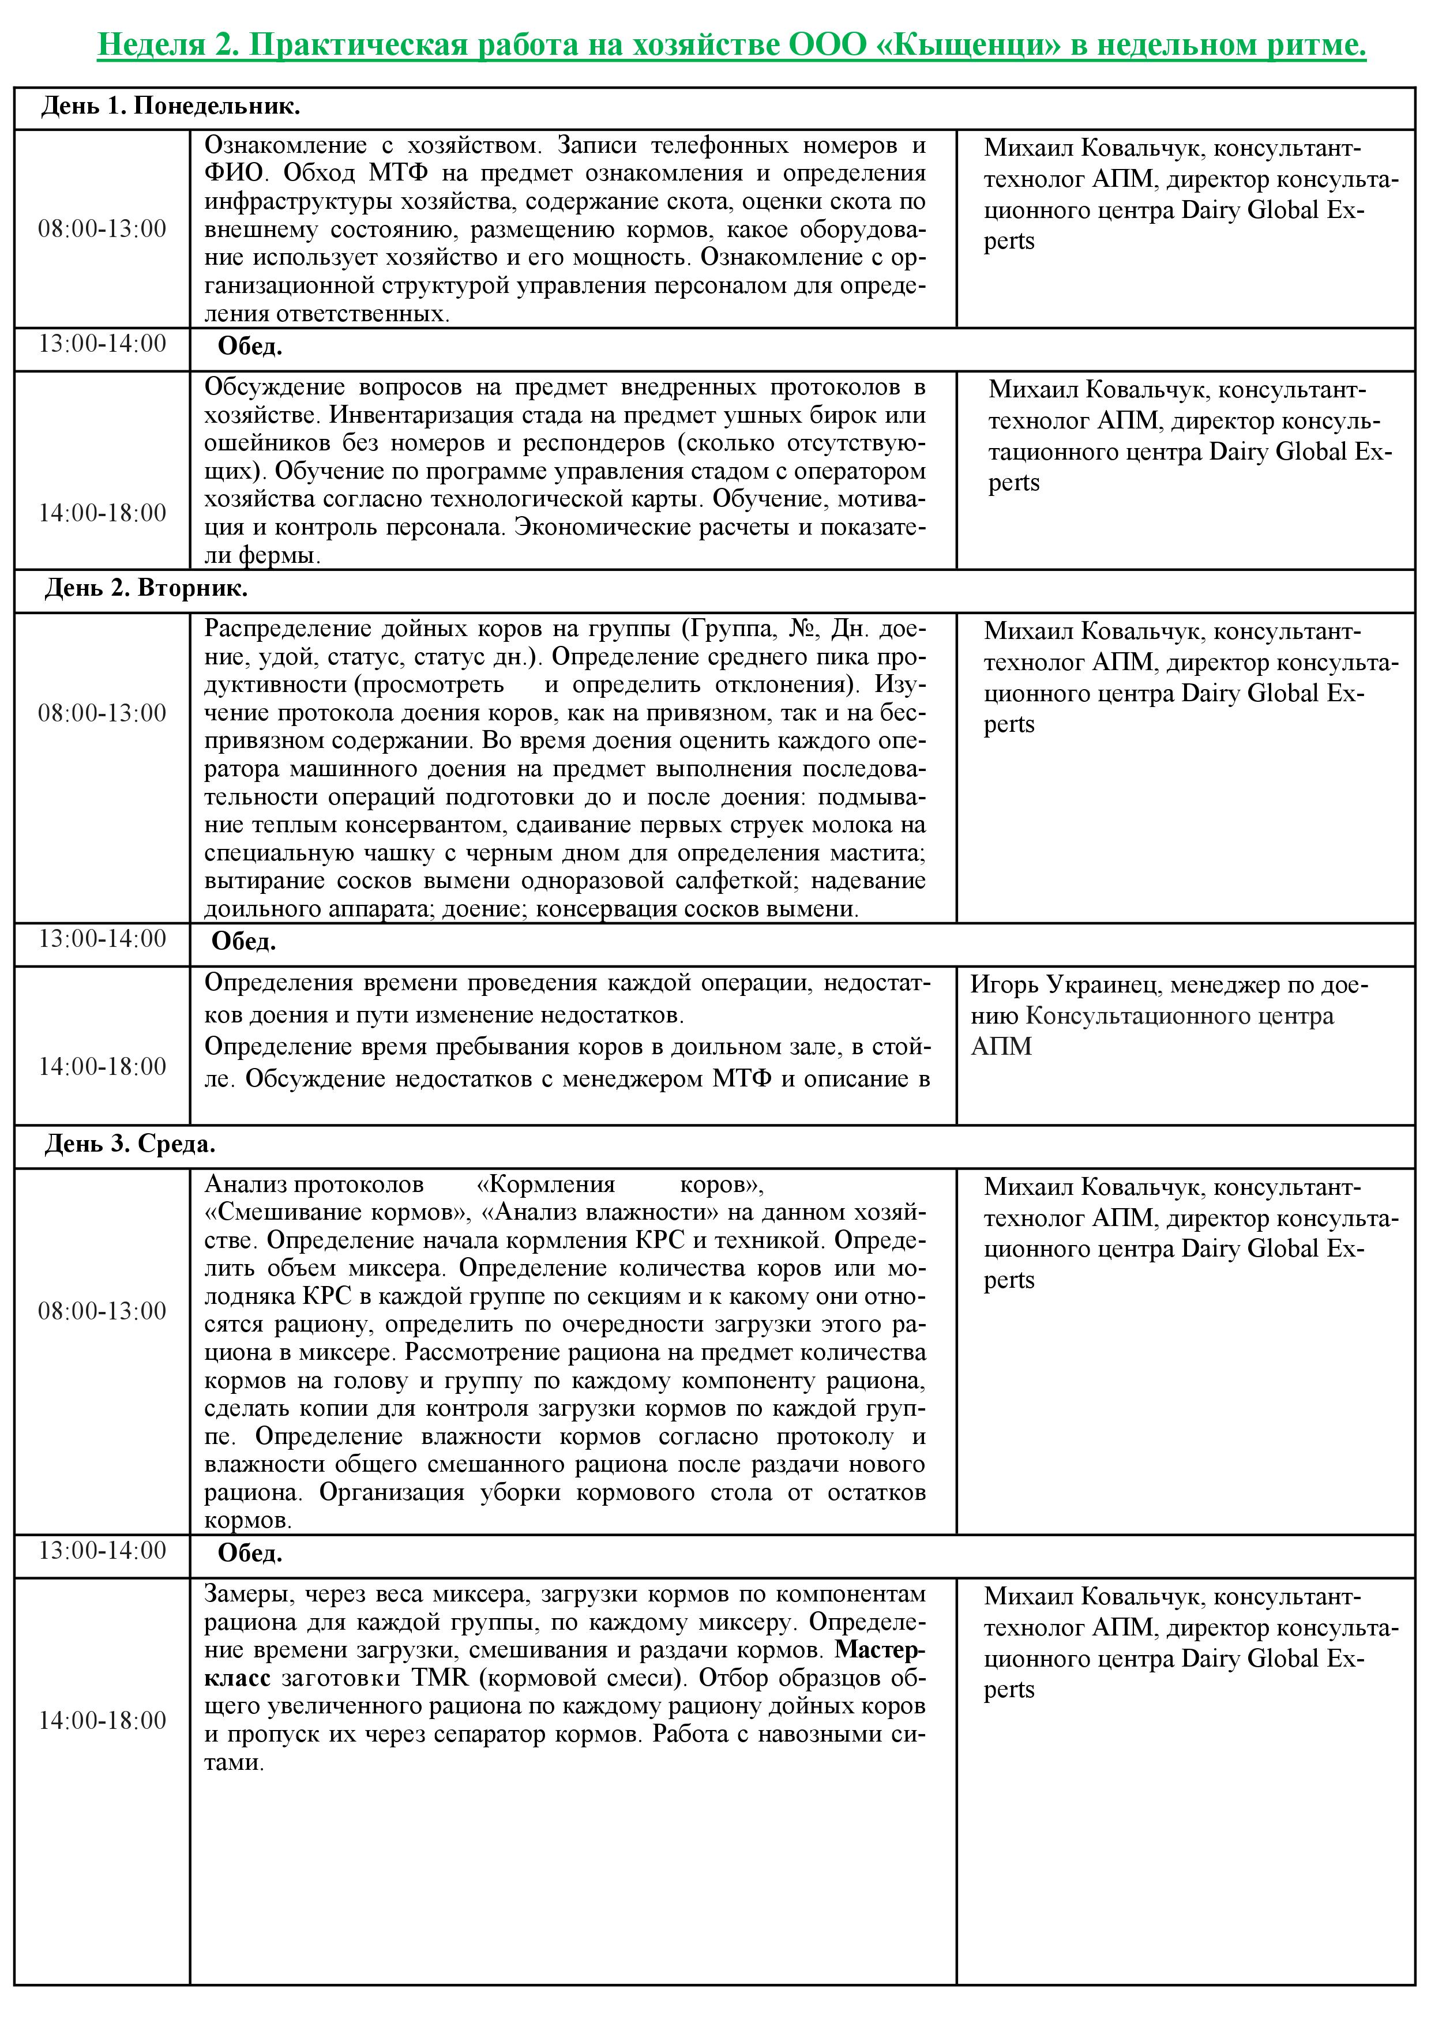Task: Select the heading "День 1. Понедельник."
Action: click(x=170, y=107)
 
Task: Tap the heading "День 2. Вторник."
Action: click(x=147, y=589)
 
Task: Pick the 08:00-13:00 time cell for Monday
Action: click(x=102, y=229)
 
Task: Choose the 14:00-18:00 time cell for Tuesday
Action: click(x=102, y=1067)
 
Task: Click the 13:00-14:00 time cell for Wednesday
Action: click(x=102, y=1551)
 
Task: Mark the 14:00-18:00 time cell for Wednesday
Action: click(x=102, y=1720)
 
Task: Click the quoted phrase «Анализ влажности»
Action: click(x=600, y=1212)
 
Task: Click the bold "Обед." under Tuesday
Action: click(x=243, y=942)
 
